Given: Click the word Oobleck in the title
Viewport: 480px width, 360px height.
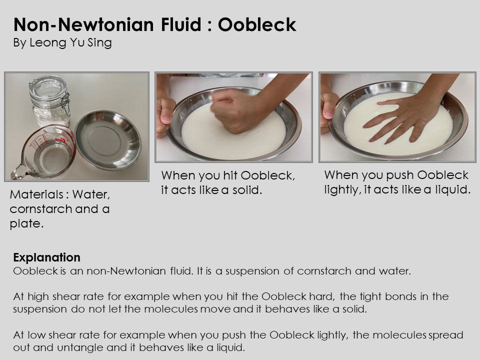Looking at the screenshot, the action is click(x=257, y=24).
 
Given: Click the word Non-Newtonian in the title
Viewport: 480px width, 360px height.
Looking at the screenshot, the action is click(x=83, y=24).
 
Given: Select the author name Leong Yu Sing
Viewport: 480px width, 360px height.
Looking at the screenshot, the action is click(x=70, y=42).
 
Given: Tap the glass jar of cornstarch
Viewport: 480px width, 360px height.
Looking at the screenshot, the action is click(x=49, y=101).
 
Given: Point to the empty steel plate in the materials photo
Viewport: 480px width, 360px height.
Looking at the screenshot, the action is click(x=108, y=139).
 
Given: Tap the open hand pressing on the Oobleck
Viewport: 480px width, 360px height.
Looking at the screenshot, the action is click(x=404, y=119).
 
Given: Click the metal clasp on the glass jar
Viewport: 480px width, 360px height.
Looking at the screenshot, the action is click(x=66, y=101).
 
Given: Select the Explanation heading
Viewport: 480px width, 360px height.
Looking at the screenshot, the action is click(x=47, y=257).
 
